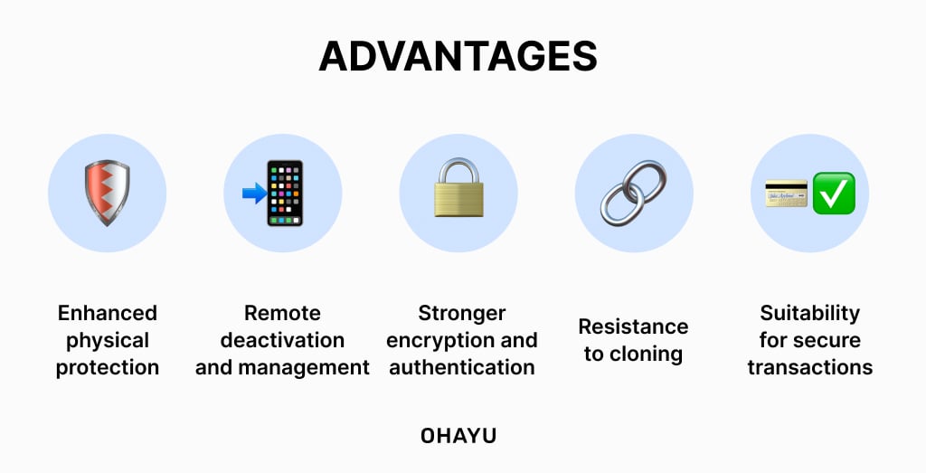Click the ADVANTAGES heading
458,56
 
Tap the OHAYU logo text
458,435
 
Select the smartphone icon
285,193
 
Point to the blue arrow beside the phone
254,192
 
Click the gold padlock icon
458,189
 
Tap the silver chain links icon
633,193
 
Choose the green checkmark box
834,193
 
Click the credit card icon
786,193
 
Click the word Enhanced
107,313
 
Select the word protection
107,367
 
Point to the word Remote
282,313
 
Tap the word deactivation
282,340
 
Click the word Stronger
461,313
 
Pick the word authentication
461,367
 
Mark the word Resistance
633,326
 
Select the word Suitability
809,313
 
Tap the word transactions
809,367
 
